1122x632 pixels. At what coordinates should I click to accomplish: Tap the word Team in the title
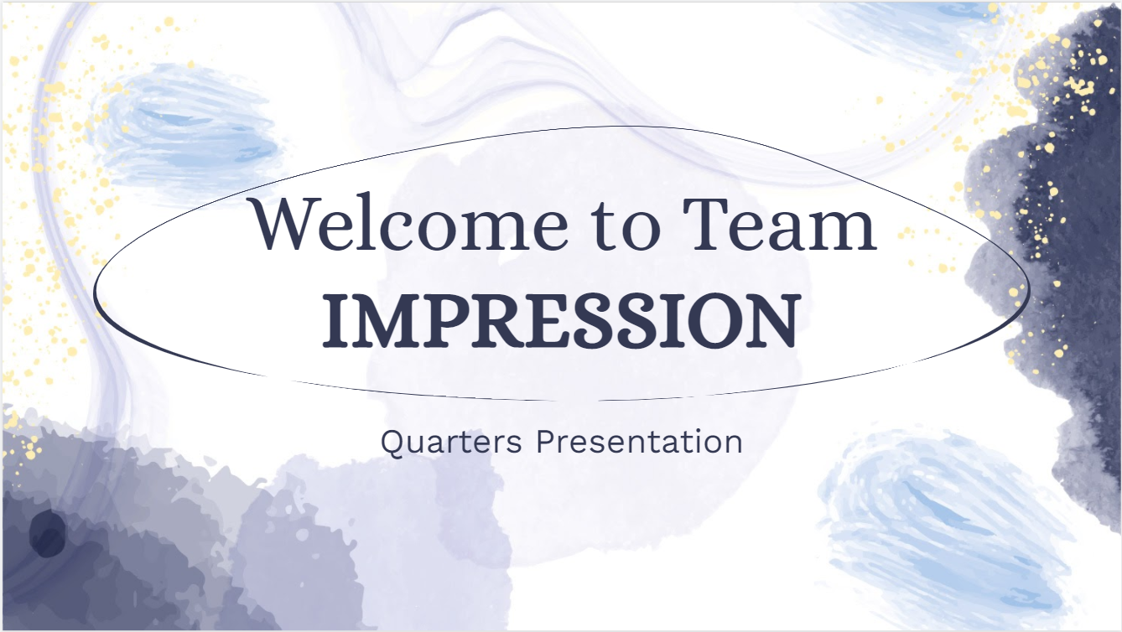(779, 224)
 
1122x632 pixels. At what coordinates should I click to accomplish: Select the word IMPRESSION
(559, 321)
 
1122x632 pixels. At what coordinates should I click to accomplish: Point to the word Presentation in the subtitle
(639, 441)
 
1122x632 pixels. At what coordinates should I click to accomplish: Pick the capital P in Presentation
(546, 442)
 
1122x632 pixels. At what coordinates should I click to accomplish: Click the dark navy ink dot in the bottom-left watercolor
(47, 534)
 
